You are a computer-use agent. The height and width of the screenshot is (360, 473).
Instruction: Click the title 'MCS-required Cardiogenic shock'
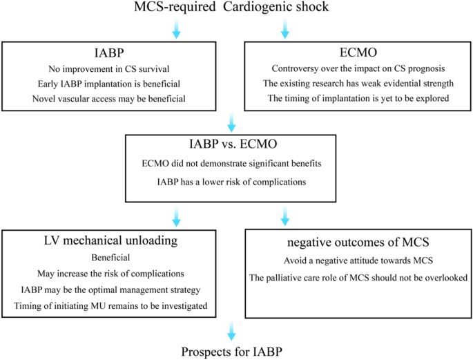click(x=231, y=7)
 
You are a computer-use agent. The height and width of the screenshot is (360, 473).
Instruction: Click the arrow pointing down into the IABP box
click(x=177, y=28)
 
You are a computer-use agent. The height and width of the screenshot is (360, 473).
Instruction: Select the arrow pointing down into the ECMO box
click(x=285, y=28)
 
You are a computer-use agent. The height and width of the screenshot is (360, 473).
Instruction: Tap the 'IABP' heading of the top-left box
click(x=109, y=53)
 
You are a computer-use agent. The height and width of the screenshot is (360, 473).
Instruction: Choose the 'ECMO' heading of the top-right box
click(x=358, y=53)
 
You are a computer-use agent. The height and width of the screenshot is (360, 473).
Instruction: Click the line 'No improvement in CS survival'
click(x=109, y=69)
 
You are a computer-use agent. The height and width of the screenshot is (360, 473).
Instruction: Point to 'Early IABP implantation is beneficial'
click(x=109, y=84)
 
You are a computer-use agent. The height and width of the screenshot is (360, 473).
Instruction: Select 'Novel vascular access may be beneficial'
click(x=109, y=99)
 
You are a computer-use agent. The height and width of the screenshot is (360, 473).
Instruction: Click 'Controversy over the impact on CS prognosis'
click(x=358, y=69)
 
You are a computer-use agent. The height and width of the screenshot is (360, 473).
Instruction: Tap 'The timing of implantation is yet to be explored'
click(x=358, y=98)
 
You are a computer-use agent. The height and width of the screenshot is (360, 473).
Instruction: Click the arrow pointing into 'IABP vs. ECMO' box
click(x=231, y=122)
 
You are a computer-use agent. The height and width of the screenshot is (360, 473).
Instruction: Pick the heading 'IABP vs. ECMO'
click(x=233, y=144)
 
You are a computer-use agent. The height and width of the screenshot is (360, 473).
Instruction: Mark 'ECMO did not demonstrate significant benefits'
click(x=231, y=164)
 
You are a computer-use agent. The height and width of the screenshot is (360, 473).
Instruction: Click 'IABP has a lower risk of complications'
click(x=231, y=182)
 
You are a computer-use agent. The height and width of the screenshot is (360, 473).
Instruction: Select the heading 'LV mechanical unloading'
click(x=110, y=240)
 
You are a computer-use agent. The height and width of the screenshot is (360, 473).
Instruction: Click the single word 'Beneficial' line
click(x=110, y=258)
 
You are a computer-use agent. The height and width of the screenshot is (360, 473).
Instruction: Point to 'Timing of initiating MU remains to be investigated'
click(x=110, y=306)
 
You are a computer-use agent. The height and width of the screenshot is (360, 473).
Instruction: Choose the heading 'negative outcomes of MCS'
click(x=358, y=243)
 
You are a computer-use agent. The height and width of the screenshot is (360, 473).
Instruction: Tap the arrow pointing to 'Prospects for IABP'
click(x=231, y=331)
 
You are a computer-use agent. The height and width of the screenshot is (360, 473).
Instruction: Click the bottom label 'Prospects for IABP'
click(x=232, y=352)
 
